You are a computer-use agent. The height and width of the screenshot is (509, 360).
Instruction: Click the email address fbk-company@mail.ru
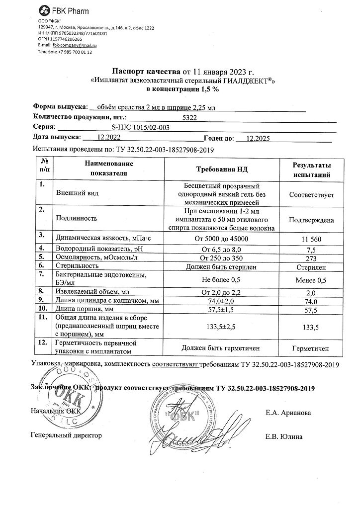[x=74, y=45]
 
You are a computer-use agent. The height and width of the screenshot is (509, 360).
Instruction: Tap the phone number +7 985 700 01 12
[x=75, y=52]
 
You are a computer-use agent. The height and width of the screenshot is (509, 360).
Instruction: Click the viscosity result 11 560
[x=312, y=239]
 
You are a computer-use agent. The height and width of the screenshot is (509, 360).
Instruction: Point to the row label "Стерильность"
[x=76, y=266]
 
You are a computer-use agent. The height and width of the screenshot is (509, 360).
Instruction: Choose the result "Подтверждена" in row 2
[x=312, y=219]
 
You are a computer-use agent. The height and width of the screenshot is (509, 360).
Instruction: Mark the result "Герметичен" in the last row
[x=312, y=348]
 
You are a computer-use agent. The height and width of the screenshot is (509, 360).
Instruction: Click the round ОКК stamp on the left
[x=65, y=398]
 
